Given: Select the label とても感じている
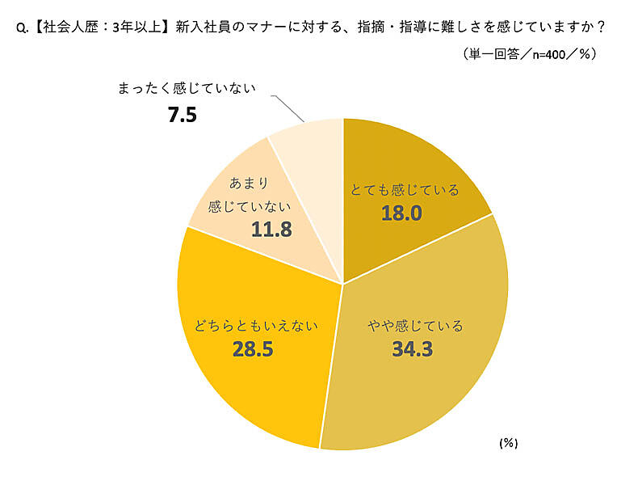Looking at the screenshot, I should tap(404, 191).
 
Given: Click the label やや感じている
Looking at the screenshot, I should tap(416, 327).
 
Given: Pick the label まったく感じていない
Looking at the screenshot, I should tap(187, 89).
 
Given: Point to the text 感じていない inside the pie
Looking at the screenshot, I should tap(249, 206).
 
